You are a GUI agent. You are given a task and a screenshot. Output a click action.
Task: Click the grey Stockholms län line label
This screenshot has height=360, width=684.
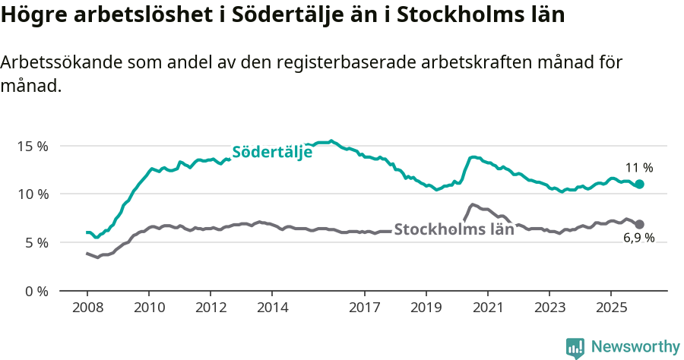pyautogui.click(x=454, y=229)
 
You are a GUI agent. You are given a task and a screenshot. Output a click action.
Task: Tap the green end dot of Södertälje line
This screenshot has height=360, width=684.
pyautogui.click(x=640, y=184)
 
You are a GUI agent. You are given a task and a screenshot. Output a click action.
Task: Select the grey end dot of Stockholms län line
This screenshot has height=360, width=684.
pyautogui.click(x=640, y=224)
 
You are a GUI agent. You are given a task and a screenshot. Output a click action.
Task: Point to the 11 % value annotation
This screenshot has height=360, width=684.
pyautogui.click(x=639, y=168)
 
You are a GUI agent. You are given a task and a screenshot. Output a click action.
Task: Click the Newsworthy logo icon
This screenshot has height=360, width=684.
pyautogui.click(x=575, y=348)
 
